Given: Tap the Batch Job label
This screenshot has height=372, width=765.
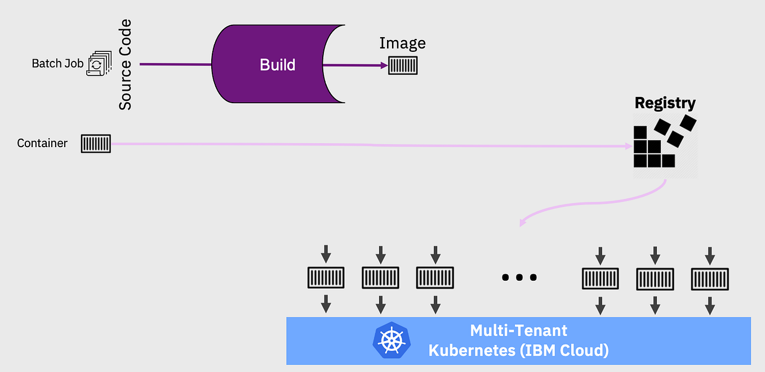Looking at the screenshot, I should [x=57, y=63].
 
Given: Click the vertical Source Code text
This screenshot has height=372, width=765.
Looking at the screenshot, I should [x=125, y=64].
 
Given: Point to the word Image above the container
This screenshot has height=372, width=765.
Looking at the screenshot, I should [x=402, y=43].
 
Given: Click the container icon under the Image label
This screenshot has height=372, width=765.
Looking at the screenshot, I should [x=403, y=66].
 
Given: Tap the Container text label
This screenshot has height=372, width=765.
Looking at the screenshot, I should [x=42, y=143].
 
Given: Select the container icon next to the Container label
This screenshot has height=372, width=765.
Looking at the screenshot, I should [x=96, y=144].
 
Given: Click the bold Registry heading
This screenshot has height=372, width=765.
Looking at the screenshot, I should [x=665, y=103].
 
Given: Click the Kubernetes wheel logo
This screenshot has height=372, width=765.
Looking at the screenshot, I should [x=392, y=340].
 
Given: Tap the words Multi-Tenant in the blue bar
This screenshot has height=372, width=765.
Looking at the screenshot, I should [x=518, y=330].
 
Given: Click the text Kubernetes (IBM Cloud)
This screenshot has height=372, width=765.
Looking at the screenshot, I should [x=518, y=351].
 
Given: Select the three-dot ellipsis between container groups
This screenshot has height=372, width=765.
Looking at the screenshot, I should [x=519, y=277].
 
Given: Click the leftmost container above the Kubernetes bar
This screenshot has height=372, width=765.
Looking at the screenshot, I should [x=326, y=278].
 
